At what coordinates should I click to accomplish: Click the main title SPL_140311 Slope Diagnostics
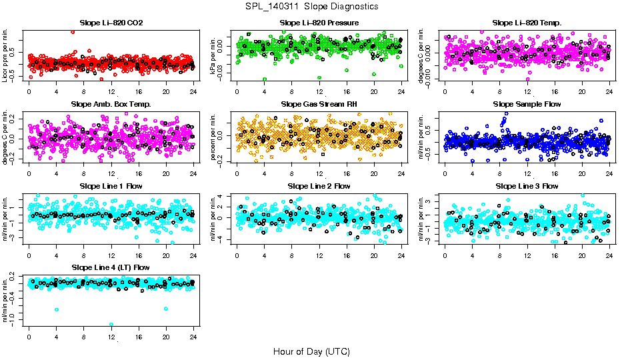coord(311,6)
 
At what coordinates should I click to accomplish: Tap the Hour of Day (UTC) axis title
coord(311,351)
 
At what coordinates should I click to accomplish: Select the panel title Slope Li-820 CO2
coord(111,23)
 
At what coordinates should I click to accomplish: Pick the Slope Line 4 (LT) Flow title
coord(111,267)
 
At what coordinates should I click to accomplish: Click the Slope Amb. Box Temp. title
coord(111,105)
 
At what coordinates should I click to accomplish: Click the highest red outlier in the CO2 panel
coord(73,31)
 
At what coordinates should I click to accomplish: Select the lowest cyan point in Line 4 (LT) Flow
coord(111,325)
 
